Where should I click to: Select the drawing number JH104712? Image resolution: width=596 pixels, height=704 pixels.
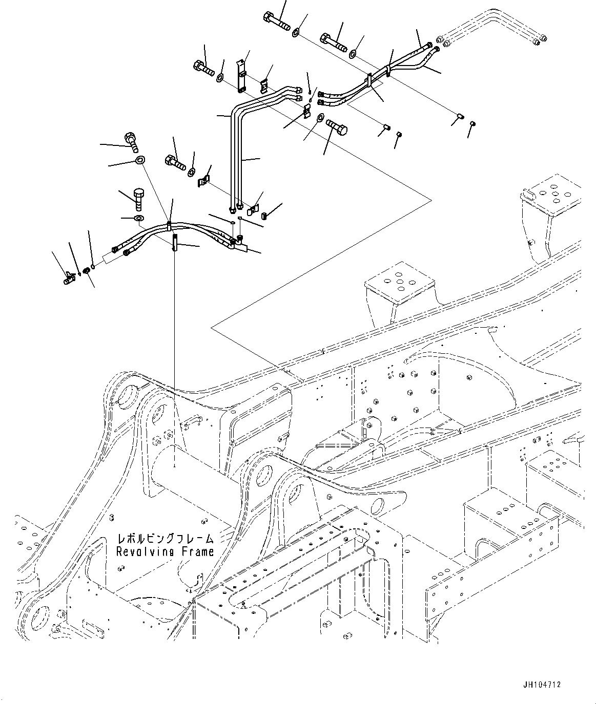pyautogui.click(x=557, y=684)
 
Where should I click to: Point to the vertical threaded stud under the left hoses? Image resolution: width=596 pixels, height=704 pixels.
pyautogui.click(x=174, y=241)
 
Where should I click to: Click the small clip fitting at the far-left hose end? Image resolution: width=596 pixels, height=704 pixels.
pyautogui.click(x=69, y=278)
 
